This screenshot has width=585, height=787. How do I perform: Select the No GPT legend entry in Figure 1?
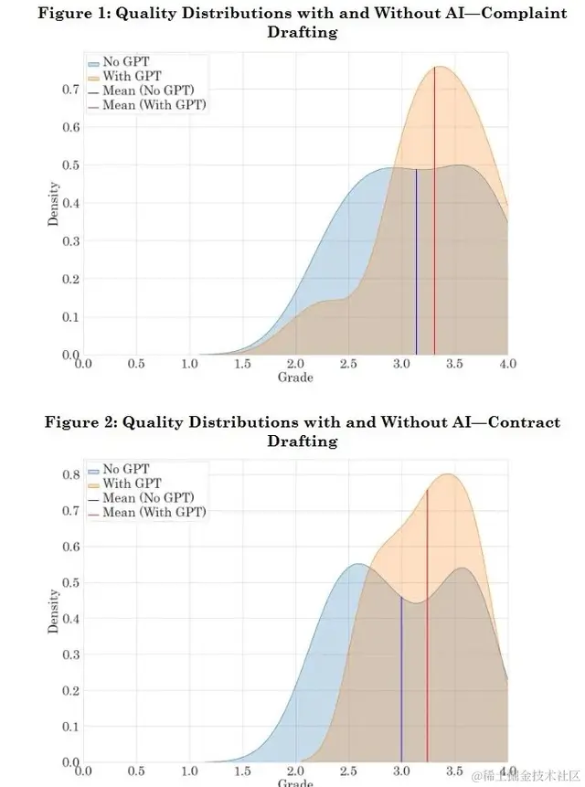coord(122,62)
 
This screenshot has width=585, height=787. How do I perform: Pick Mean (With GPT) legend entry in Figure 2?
coord(154,513)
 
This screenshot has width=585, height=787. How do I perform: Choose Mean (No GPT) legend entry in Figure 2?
coord(150,498)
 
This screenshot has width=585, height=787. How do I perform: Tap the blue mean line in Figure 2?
coord(401,676)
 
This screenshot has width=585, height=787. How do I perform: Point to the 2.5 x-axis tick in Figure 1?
coord(348,364)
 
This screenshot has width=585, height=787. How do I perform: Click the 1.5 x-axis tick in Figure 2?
coord(242,771)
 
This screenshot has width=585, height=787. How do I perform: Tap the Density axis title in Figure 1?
coord(54,204)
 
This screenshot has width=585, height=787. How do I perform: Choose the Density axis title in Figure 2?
coord(54,612)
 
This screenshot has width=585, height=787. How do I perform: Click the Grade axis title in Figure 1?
coord(295,377)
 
